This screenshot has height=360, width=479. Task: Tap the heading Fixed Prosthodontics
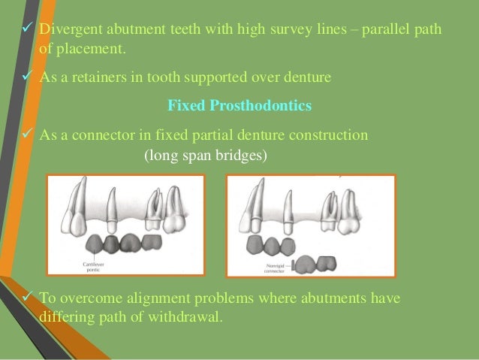[x=239, y=106]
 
